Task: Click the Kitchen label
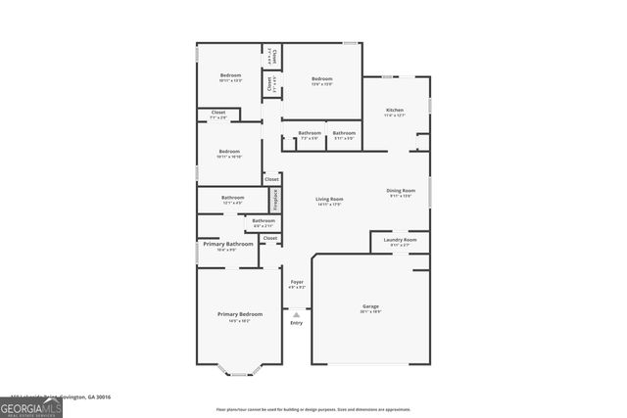tap(394, 111)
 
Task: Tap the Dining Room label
tap(401, 191)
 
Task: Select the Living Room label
tap(329, 200)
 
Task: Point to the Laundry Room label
tap(400, 240)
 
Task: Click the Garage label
tap(369, 306)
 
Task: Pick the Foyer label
tap(297, 282)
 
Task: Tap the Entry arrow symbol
tap(296, 314)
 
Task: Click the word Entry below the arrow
tap(296, 323)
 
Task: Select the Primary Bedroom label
tap(240, 314)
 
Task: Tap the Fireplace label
tap(276, 199)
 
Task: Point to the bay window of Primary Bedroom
tap(240, 371)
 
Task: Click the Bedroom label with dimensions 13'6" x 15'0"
tap(322, 79)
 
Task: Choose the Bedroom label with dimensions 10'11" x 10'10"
tap(229, 152)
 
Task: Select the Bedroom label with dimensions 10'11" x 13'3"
tap(230, 76)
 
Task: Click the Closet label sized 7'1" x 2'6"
tap(218, 114)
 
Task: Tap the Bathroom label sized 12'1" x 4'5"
tap(232, 199)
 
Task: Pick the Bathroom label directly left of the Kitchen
tap(344, 133)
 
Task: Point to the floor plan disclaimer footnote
tap(313, 409)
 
